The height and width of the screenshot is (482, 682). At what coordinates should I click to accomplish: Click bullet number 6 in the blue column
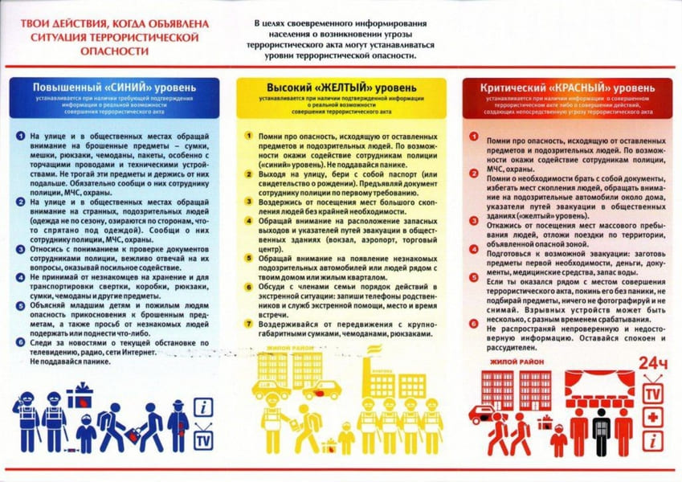click(x=20, y=342)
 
